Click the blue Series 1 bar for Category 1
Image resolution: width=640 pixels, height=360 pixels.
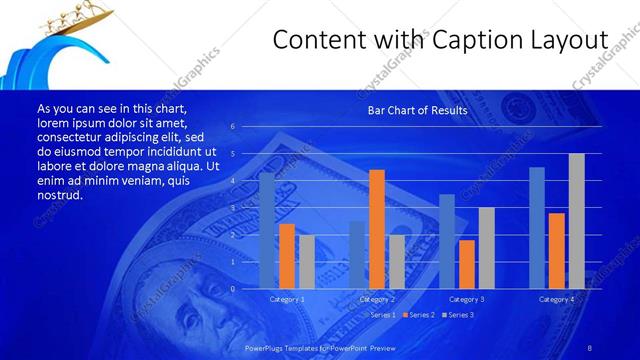[x=266, y=231]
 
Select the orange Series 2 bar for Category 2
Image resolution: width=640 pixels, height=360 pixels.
[x=376, y=229]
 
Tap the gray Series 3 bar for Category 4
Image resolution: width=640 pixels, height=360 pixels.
[x=576, y=221]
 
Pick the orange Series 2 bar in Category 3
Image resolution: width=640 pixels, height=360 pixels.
[x=466, y=264]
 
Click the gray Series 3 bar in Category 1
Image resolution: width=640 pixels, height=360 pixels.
[x=306, y=262]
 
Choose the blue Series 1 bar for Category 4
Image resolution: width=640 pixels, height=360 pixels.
[x=536, y=228]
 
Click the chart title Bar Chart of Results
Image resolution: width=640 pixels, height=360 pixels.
[x=417, y=110]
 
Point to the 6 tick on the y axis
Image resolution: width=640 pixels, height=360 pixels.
[x=232, y=127]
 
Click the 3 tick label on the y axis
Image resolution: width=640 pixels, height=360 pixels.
[x=232, y=208]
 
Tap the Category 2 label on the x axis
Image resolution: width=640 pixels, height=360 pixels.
[x=376, y=299]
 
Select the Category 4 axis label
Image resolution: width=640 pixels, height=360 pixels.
[x=556, y=299]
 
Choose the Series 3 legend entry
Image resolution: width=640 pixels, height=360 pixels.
[x=460, y=315]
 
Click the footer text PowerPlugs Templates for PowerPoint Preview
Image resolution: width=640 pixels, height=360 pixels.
[x=321, y=347]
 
